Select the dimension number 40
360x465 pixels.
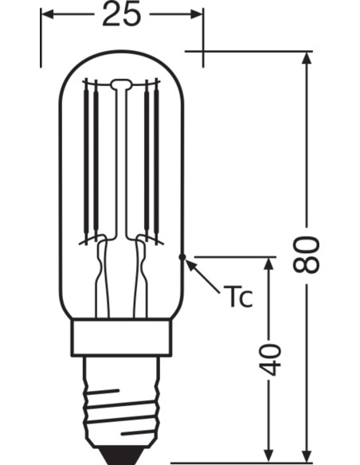[x=272, y=359]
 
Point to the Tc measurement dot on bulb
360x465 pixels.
[x=184, y=256]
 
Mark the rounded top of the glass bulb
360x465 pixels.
[x=121, y=57]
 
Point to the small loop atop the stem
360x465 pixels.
[x=121, y=83]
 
